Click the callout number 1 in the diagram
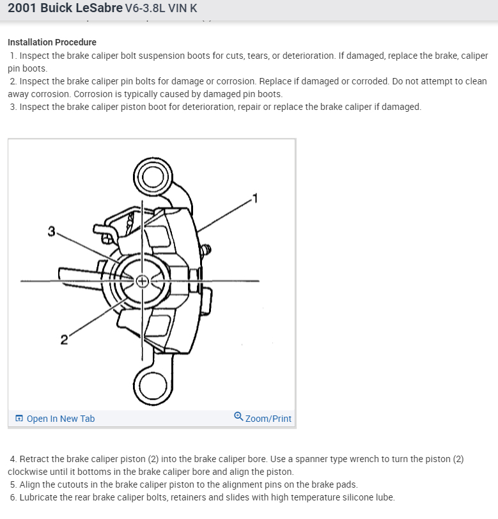coord(254,197)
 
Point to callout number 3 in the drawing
coord(51,231)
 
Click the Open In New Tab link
coord(60,419)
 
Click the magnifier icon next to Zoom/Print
coord(238,417)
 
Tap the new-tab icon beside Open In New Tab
coord(19,419)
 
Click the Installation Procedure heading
coord(52,42)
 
